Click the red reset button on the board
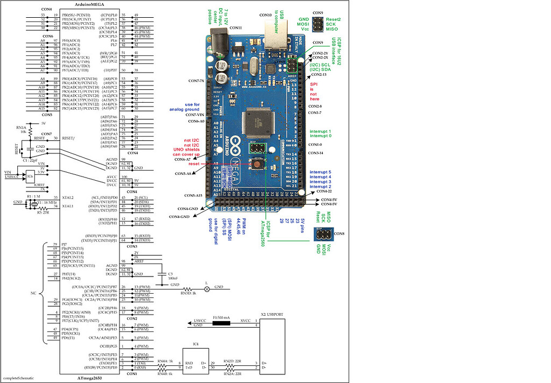pos(259,164)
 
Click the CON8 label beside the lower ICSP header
pos(339,234)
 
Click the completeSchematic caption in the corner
pos(18,378)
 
